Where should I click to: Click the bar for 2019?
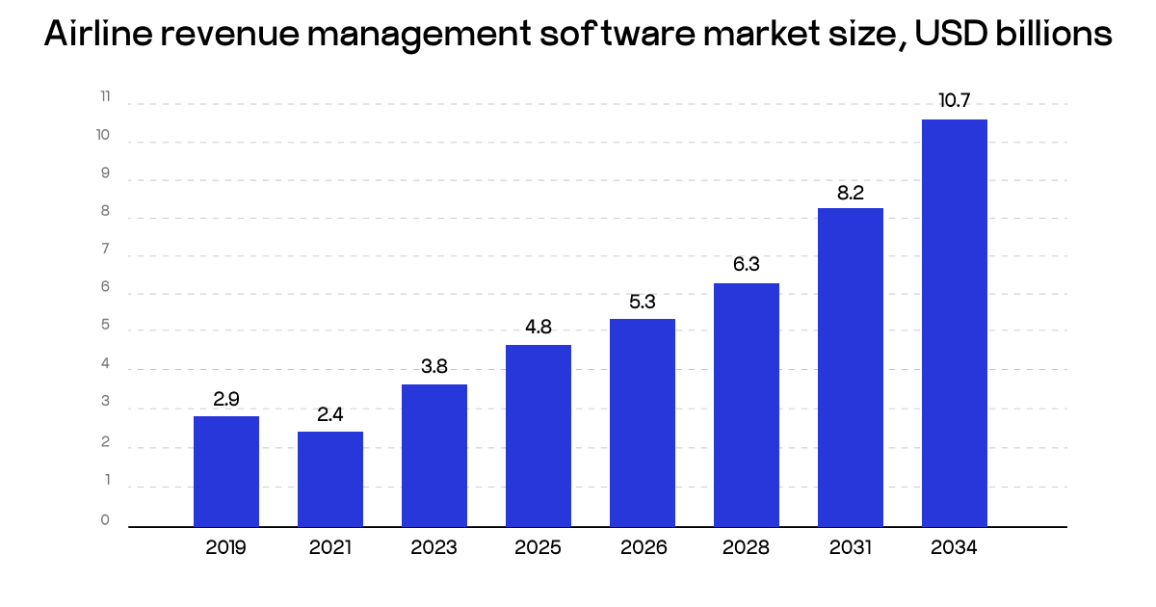coord(226,471)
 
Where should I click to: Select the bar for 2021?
coord(330,479)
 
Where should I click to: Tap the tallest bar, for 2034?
coord(955,323)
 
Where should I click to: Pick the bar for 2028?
coord(747,405)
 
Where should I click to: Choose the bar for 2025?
coord(539,435)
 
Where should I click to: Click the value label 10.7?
coord(955,100)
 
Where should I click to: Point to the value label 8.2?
coord(851,192)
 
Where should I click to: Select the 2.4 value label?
coord(330,415)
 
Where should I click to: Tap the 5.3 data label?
coord(643,302)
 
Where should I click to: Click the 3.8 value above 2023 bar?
coord(434,367)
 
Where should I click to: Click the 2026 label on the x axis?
coord(643,548)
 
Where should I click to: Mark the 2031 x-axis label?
coord(851,548)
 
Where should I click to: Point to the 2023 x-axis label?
coord(434,548)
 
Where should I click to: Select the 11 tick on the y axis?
coord(105,97)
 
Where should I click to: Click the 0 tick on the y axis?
coord(105,520)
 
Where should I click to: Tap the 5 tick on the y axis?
coord(105,327)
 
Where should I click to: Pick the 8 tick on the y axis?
coord(105,212)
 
